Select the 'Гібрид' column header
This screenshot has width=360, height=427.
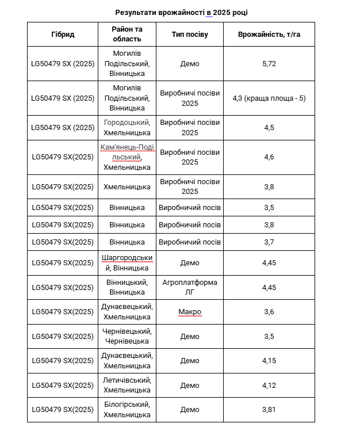pos(63,35)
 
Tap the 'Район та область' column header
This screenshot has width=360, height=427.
pos(127,35)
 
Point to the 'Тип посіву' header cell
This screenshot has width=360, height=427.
pos(190,35)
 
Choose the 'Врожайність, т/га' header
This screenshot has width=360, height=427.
pos(269,35)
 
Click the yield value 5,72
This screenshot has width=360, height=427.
pos(269,64)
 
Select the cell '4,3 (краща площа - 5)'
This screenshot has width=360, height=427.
pos(269,98)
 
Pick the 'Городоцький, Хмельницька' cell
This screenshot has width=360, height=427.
pos(127,128)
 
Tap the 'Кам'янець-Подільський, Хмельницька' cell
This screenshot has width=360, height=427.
pos(127,157)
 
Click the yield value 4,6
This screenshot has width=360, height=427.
pos(269,157)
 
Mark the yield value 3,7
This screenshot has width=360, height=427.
pos(269,242)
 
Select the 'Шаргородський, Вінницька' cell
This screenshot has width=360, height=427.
pos(127,263)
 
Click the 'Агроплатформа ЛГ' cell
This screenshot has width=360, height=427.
pos(190,287)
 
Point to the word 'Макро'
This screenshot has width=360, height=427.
pos(190,312)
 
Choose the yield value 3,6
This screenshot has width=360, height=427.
pos(269,312)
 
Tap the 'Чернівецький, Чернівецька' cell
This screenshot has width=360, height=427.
pos(127,337)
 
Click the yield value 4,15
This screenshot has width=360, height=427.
pos(269,361)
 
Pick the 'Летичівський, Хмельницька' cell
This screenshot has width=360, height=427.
pos(127,385)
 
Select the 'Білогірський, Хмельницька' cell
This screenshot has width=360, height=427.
pos(127,410)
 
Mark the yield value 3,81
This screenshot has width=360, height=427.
pos(269,410)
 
